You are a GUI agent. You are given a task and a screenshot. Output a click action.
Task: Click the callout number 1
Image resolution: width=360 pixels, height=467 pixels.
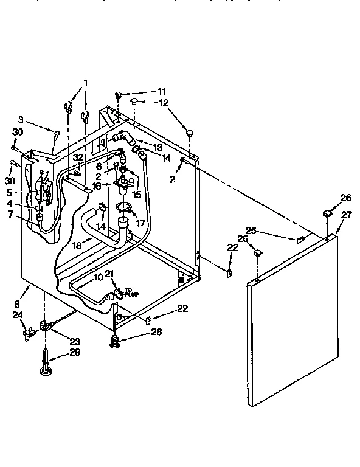click(x=86, y=83)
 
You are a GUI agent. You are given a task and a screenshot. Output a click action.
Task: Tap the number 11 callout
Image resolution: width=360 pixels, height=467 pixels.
click(x=161, y=91)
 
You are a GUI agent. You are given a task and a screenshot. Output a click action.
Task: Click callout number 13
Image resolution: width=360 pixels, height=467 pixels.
click(x=158, y=147)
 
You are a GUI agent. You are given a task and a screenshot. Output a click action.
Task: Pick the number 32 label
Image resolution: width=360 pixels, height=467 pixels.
click(x=77, y=157)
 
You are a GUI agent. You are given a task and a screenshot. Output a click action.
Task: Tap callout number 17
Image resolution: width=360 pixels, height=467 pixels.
click(x=140, y=223)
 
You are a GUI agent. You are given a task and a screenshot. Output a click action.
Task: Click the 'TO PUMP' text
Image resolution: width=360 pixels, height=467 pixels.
click(x=132, y=292)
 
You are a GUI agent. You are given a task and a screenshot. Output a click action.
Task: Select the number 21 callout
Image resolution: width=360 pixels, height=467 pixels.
click(x=110, y=274)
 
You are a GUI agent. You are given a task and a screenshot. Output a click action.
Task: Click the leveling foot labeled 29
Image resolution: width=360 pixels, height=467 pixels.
click(x=46, y=368)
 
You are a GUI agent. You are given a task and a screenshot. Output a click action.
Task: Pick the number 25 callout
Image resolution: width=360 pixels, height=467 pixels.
click(x=250, y=230)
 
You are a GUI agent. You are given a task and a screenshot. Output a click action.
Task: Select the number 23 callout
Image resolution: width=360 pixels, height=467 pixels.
click(x=75, y=341)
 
